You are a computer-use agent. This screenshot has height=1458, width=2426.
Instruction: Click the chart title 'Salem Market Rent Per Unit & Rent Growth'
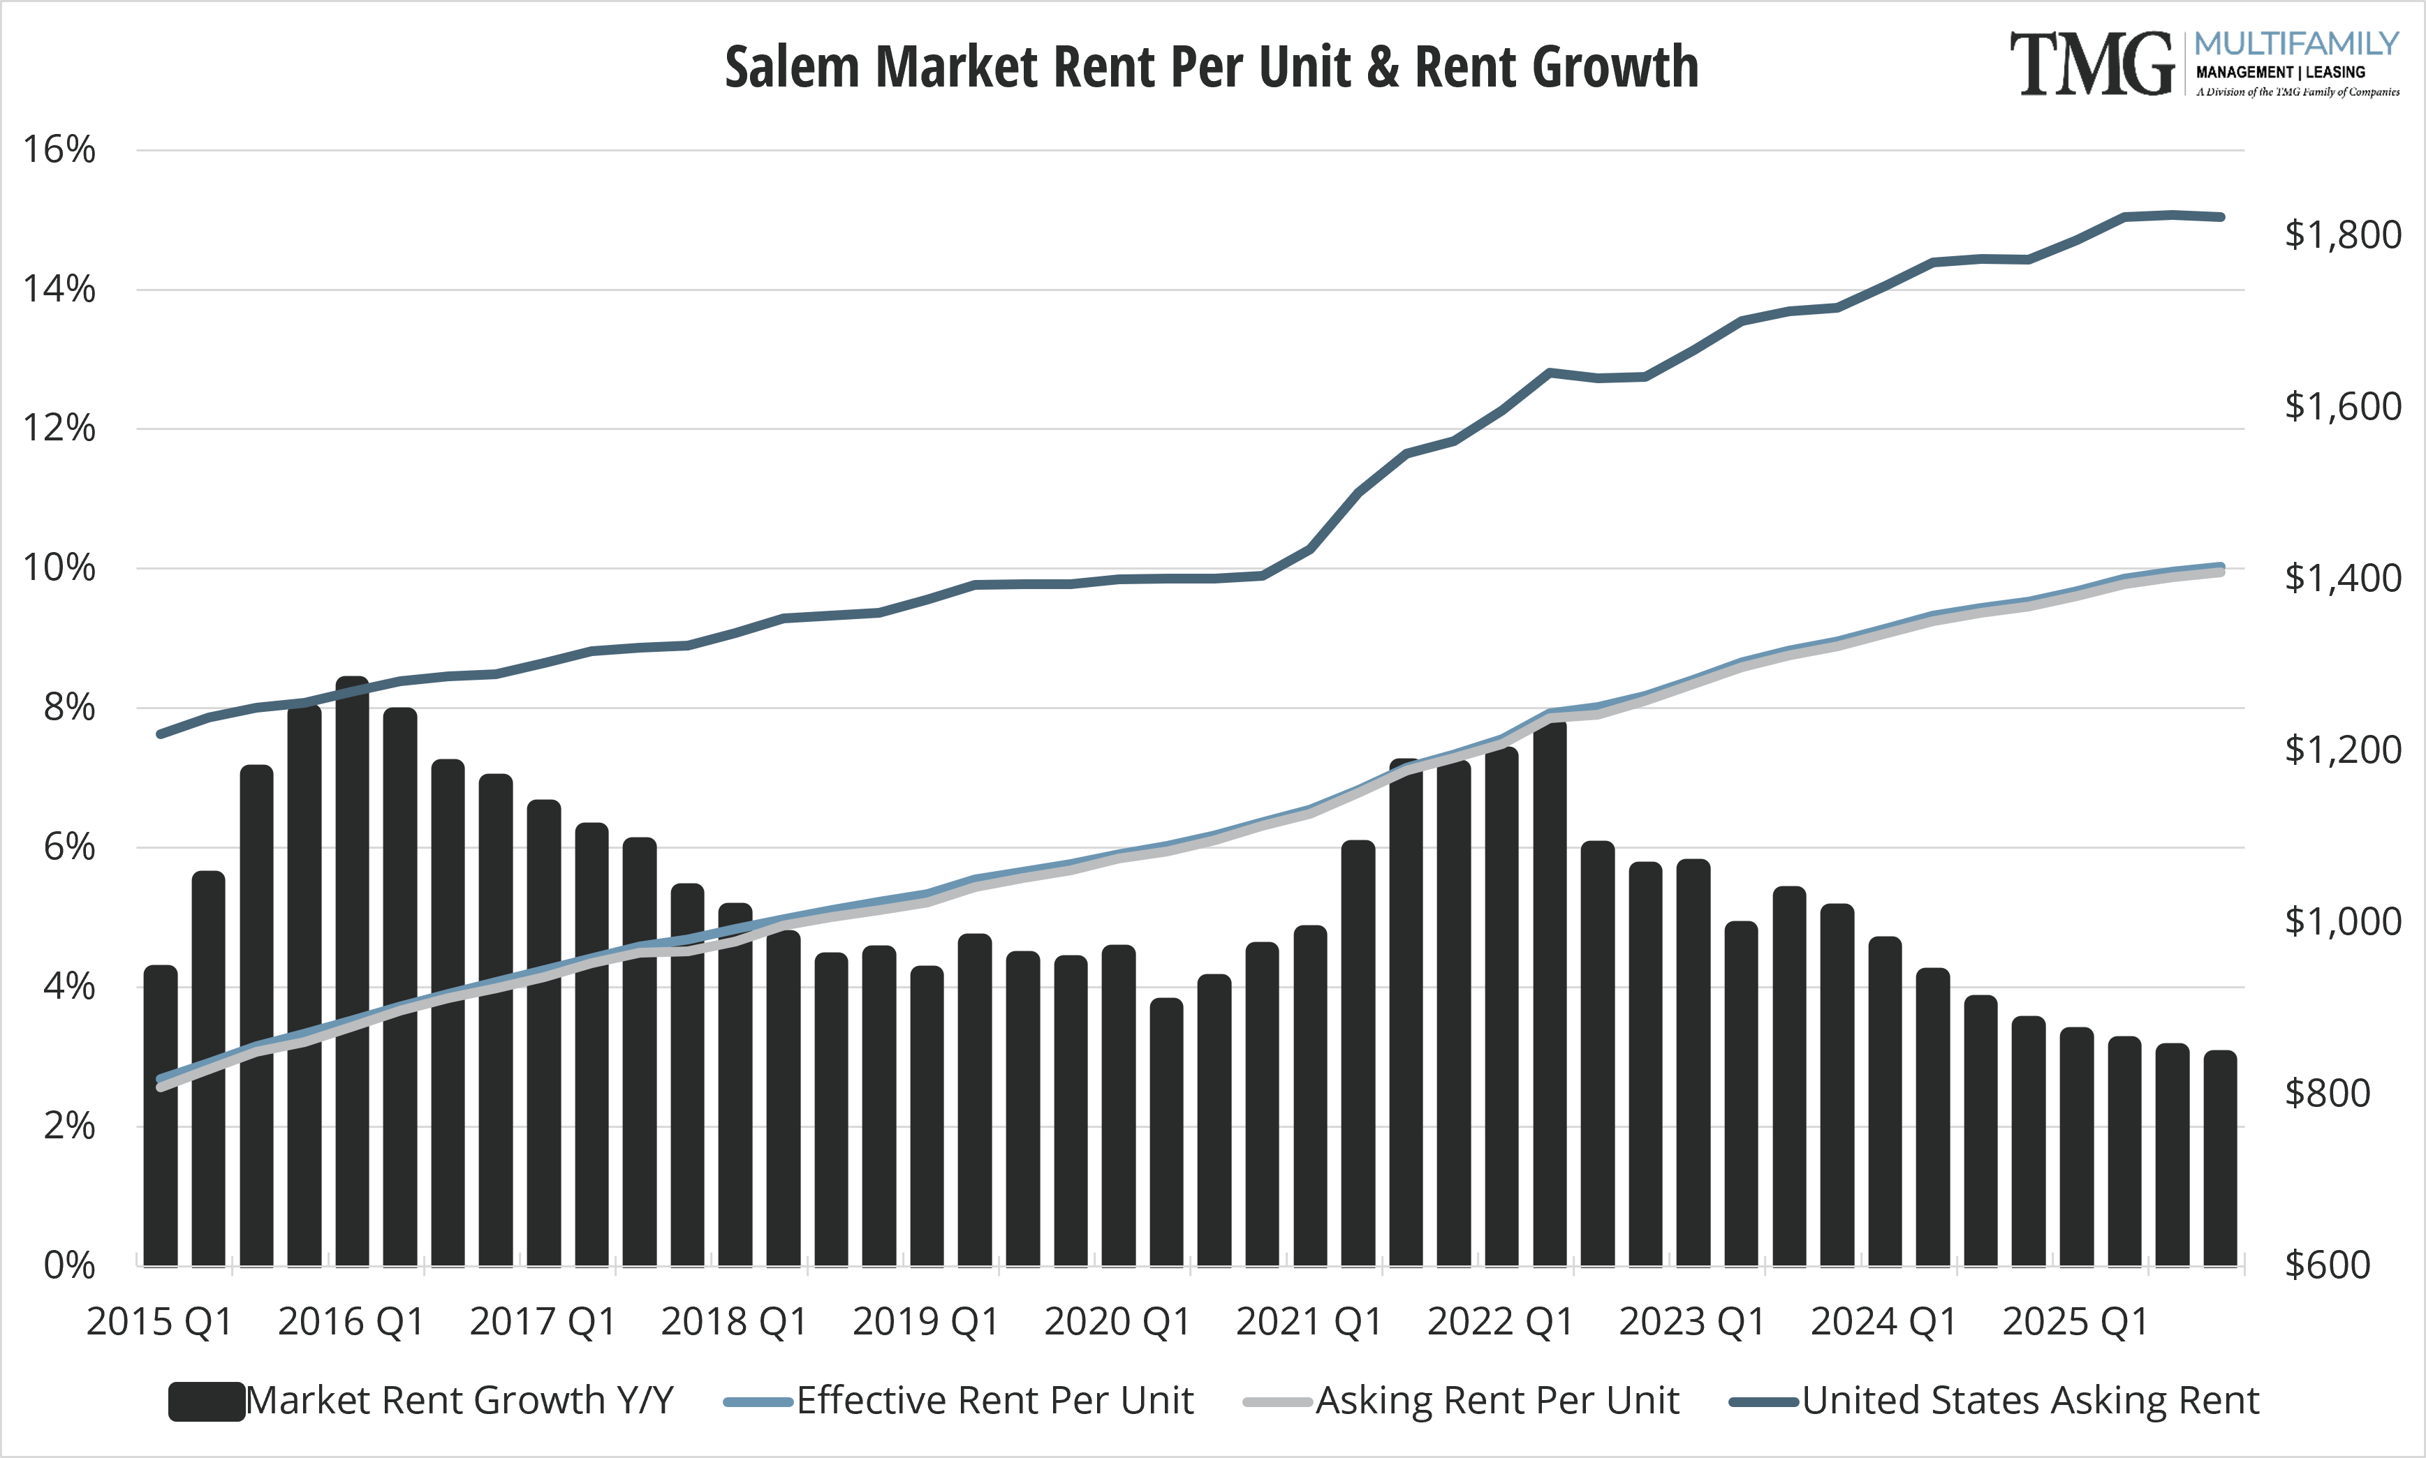(x=1211, y=67)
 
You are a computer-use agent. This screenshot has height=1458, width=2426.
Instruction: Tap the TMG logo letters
(x=2090, y=65)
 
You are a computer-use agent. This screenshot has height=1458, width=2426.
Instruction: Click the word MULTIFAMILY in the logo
(x=2296, y=44)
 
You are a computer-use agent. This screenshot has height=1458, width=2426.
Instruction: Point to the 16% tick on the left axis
(x=59, y=149)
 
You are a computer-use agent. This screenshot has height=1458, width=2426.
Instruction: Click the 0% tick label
(x=69, y=1265)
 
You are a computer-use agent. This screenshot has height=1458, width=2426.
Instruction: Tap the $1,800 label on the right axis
(x=2342, y=234)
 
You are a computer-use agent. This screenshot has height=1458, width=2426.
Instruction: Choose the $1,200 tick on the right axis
(x=2342, y=750)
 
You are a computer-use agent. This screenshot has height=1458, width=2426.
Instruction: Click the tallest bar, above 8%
(x=352, y=973)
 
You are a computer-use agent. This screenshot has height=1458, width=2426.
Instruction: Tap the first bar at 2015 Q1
(x=160, y=1115)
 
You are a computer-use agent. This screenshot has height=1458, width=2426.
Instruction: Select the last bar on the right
(x=2219, y=1159)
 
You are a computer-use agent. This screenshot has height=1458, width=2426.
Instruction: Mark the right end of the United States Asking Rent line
(x=2221, y=217)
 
